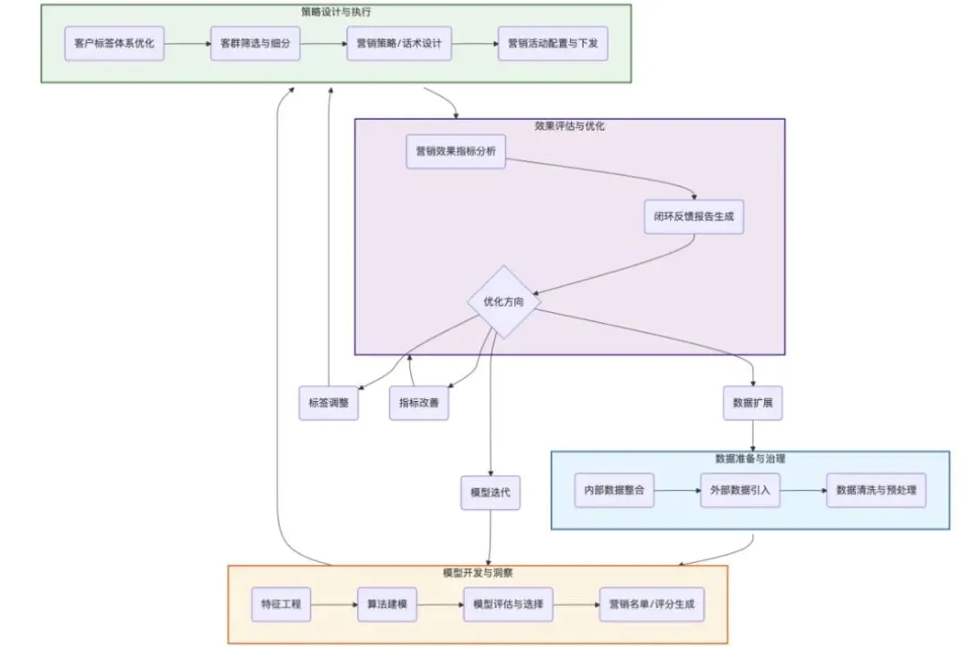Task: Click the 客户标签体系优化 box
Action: [114, 43]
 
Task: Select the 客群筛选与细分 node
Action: [255, 43]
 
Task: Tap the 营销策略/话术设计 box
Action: [399, 43]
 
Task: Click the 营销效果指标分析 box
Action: [456, 151]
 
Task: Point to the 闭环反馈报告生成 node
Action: [693, 217]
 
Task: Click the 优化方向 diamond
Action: [503, 302]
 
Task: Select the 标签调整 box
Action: [329, 403]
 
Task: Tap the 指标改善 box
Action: [419, 403]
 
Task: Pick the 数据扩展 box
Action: [753, 403]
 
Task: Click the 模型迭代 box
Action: [491, 493]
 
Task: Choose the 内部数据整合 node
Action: [614, 491]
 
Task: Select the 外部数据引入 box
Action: [741, 491]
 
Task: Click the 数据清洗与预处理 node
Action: [876, 491]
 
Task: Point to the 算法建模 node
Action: [388, 604]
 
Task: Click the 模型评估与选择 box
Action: [508, 604]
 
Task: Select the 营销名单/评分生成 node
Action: [651, 604]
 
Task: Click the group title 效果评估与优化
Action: [570, 126]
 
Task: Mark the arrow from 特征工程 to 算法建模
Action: [334, 604]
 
